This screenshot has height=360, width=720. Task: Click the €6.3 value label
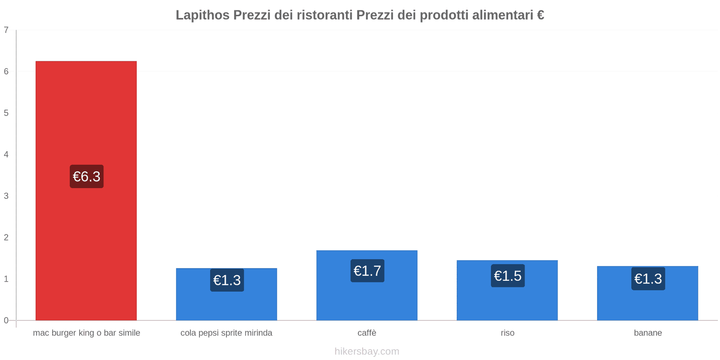pyautogui.click(x=86, y=176)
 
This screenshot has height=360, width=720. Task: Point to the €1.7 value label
pyautogui.click(x=367, y=271)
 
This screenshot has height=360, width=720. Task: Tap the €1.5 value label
pyautogui.click(x=508, y=276)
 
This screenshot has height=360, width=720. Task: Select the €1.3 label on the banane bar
pyautogui.click(x=648, y=279)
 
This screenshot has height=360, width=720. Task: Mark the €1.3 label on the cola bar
pyautogui.click(x=227, y=280)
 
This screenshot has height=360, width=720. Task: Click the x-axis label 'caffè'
pyautogui.click(x=367, y=333)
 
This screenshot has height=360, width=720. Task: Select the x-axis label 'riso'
pyautogui.click(x=507, y=333)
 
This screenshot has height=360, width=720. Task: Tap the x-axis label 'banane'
pyautogui.click(x=648, y=333)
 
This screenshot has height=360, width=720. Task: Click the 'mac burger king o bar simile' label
pyautogui.click(x=86, y=333)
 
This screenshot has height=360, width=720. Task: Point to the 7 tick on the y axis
pyautogui.click(x=6, y=30)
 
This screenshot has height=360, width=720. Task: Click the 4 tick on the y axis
pyautogui.click(x=6, y=154)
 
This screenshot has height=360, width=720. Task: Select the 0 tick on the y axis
pyautogui.click(x=6, y=320)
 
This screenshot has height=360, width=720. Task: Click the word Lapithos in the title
pyautogui.click(x=202, y=15)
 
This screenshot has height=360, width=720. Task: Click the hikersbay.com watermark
pyautogui.click(x=367, y=351)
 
